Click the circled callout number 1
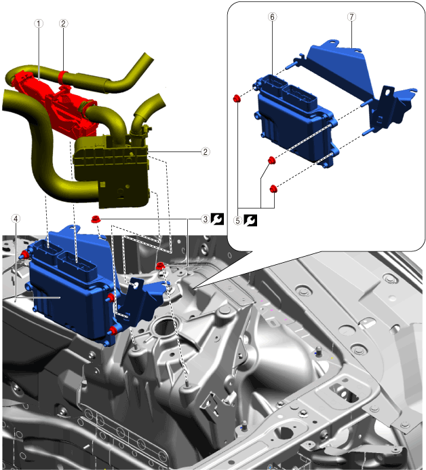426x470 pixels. click(x=39, y=23)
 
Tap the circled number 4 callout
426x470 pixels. click(x=16, y=219)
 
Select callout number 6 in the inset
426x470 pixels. click(x=272, y=17)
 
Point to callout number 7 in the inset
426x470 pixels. click(x=352, y=17)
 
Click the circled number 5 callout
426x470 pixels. click(x=237, y=221)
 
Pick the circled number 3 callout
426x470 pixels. click(x=206, y=219)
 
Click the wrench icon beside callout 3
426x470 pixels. click(x=217, y=219)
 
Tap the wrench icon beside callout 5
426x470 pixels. click(x=250, y=220)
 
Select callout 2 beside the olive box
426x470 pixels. click(x=206, y=151)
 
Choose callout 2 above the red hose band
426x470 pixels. click(x=63, y=23)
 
